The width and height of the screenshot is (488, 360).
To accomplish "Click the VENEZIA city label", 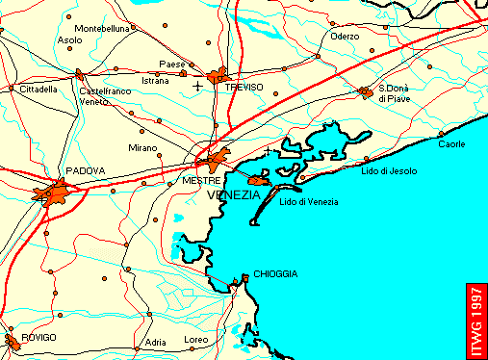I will (x=234, y=194).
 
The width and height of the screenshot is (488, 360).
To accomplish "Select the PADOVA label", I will (x=85, y=170).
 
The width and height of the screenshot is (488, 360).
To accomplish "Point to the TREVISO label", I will (x=244, y=87).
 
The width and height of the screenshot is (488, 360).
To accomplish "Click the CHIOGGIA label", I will (x=275, y=274).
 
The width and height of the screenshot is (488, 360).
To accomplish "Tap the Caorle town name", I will (x=451, y=144).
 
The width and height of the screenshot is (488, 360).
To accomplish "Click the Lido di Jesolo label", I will (x=389, y=170).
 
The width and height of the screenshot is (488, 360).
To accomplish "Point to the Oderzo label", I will (x=345, y=36).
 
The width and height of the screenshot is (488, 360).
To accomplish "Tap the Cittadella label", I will (x=39, y=89).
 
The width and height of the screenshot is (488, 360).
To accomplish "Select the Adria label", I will (x=155, y=342).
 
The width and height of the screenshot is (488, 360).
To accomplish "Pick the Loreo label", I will (x=195, y=341).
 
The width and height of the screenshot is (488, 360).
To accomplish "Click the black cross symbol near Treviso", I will (x=198, y=86).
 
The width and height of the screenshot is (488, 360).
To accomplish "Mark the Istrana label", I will (x=155, y=81).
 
